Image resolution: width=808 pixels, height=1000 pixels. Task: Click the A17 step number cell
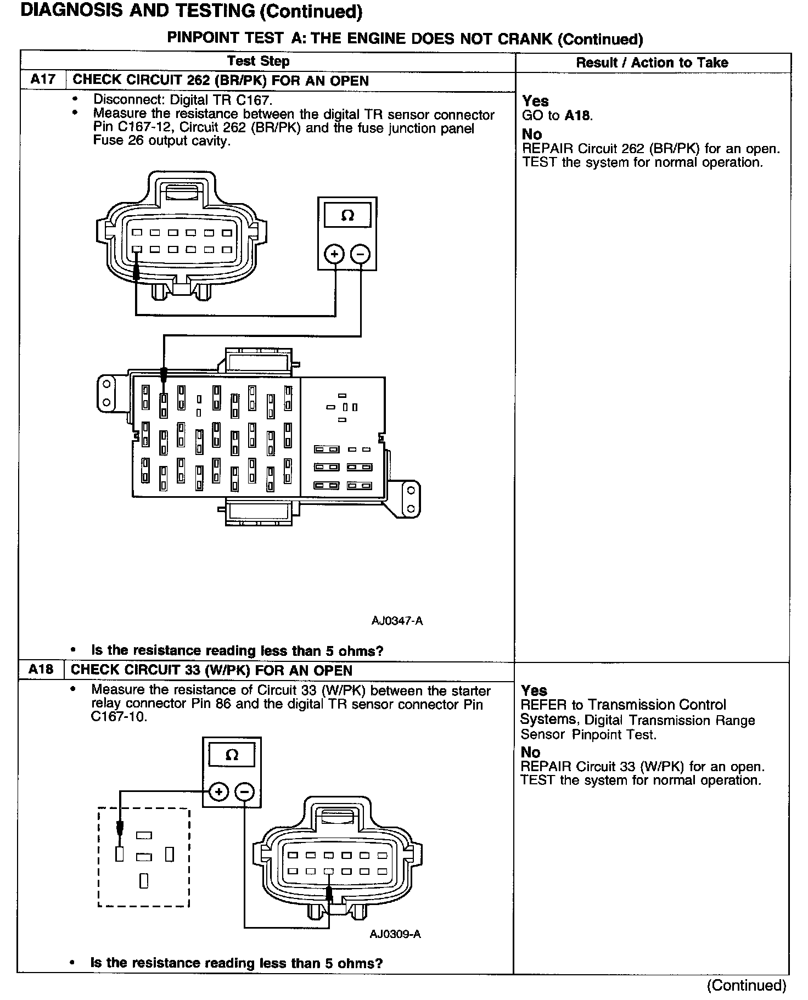tap(43, 80)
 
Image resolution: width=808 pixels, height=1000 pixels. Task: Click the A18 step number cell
tap(41, 670)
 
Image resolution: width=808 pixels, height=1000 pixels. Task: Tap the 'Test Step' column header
tap(258, 61)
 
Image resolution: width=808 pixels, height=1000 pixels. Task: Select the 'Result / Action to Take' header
tap(652, 63)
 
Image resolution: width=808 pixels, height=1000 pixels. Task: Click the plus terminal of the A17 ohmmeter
tap(334, 254)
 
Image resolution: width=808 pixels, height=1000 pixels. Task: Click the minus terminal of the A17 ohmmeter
tap(360, 254)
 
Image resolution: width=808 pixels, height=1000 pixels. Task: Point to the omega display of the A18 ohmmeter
tap(232, 755)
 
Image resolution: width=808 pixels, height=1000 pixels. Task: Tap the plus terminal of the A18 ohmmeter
tap(218, 792)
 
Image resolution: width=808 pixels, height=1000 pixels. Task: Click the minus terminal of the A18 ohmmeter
tap(245, 792)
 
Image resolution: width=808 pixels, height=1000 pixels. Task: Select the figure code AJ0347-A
tap(397, 621)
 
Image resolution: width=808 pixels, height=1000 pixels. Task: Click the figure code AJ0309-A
tap(395, 934)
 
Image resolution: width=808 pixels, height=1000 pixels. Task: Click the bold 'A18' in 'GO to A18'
tap(578, 115)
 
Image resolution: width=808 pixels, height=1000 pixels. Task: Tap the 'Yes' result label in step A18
tap(534, 690)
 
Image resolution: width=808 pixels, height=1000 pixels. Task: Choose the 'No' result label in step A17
tap(532, 134)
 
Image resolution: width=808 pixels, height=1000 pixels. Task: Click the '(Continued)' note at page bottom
tap(747, 985)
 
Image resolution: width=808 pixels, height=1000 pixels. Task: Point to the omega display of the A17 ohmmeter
tap(347, 215)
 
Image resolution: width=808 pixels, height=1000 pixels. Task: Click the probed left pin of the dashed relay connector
tap(120, 854)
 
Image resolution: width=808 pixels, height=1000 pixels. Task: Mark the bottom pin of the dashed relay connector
tap(144, 880)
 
